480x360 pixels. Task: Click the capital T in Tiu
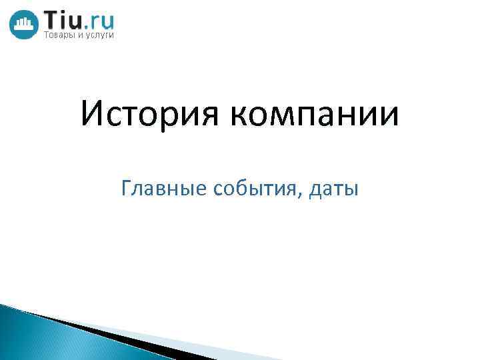[x=51, y=19]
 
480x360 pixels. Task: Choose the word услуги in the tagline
[x=101, y=36]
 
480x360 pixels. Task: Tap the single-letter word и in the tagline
[x=82, y=35]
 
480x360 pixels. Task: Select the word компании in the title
[x=315, y=115]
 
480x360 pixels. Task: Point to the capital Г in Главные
[x=127, y=189]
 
